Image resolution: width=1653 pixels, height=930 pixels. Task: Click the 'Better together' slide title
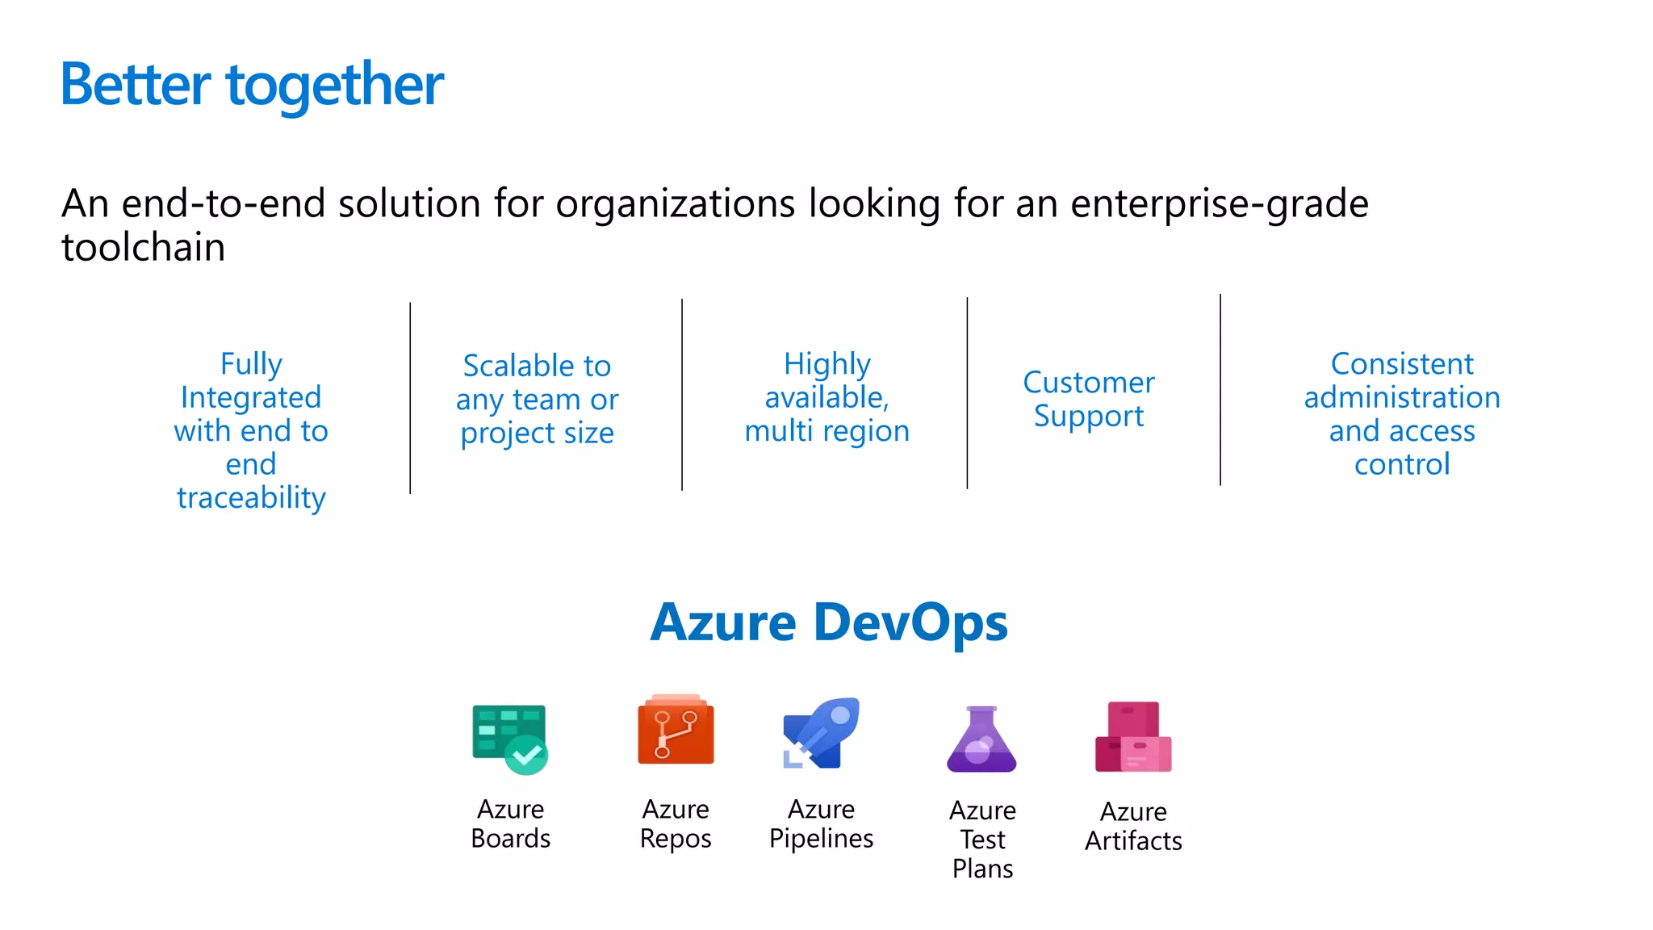[252, 85]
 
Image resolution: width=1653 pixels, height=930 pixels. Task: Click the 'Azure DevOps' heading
[829, 622]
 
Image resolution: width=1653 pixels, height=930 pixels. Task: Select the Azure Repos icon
[676, 730]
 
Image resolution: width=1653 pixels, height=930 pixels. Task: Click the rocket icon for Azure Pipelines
[821, 733]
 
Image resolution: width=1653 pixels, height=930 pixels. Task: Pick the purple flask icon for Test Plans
[981, 739]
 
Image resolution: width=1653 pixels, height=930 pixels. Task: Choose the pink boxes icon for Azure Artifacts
[1133, 737]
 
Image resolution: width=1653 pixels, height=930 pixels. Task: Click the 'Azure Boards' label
[510, 823]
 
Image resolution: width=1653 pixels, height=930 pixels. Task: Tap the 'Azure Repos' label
[676, 823]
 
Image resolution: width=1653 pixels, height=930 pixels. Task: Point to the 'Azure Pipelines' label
[821, 823]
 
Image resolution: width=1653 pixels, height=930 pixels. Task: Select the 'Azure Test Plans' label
[982, 840]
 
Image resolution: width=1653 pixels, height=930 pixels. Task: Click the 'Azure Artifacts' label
[1133, 826]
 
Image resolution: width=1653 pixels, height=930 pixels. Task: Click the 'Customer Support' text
[1089, 399]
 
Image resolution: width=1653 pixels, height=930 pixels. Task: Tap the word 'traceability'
[251, 498]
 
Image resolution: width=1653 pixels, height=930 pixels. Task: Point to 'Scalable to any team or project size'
[537, 399]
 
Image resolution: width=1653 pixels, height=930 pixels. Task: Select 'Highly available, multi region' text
[826, 397]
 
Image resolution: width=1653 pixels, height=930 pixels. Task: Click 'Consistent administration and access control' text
[1402, 413]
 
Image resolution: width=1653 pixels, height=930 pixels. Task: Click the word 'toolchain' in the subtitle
[144, 247]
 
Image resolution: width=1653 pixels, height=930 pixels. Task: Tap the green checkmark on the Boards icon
[527, 756]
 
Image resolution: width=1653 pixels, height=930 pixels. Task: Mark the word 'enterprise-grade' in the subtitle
[1219, 203]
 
